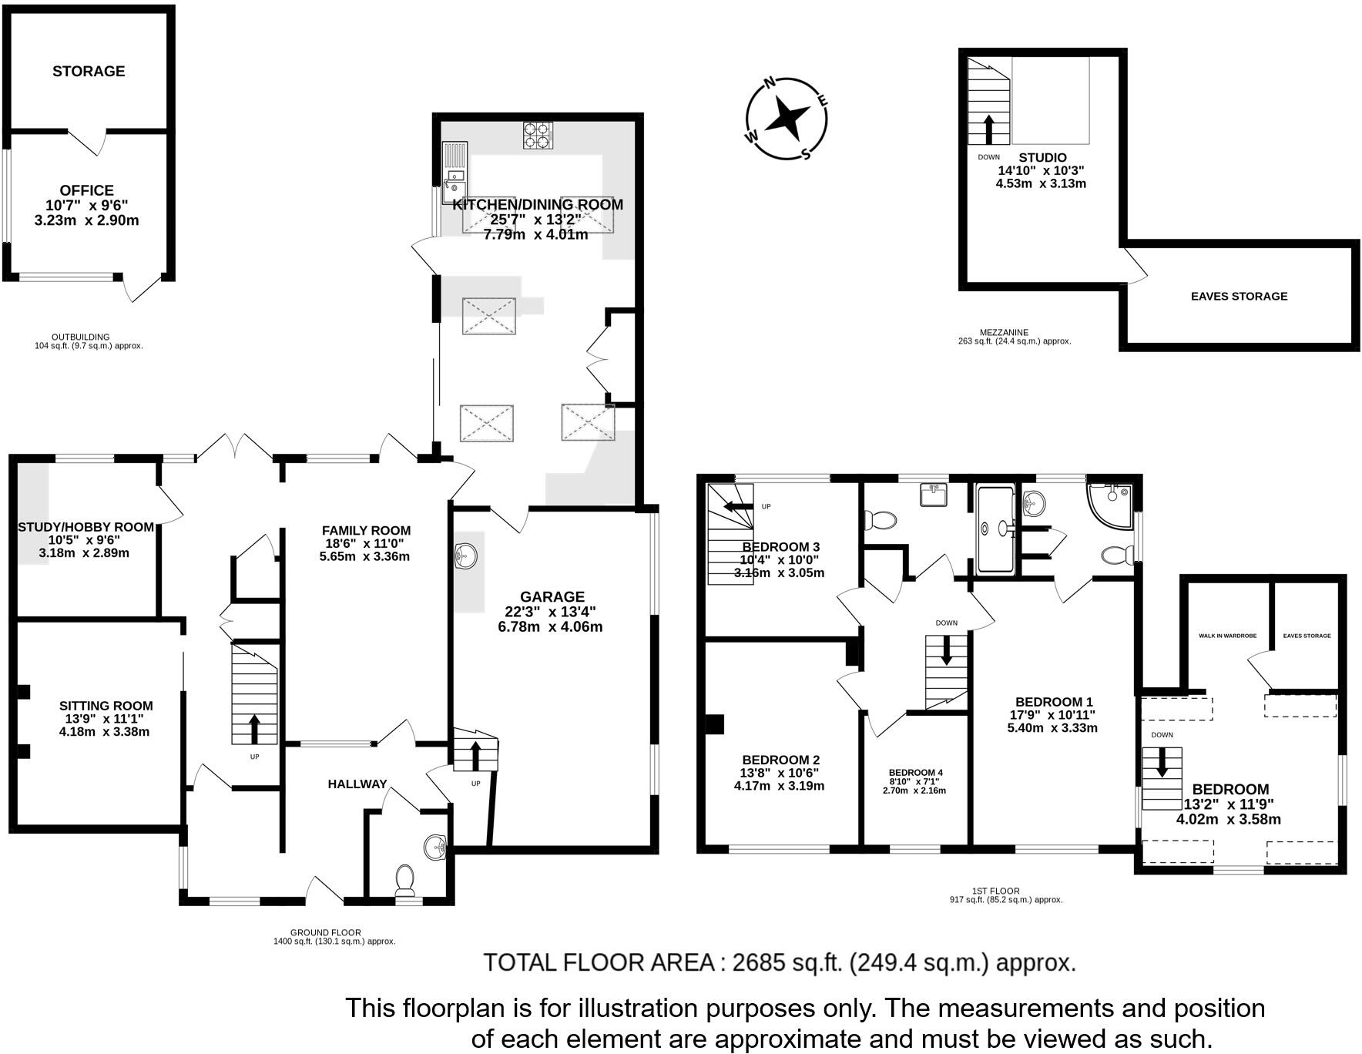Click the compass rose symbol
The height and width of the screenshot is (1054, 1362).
[x=787, y=119]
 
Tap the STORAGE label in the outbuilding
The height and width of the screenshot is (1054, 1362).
[x=89, y=71]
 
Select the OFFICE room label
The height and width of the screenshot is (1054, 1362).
[x=87, y=190]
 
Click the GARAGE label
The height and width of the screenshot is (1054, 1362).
[x=552, y=596]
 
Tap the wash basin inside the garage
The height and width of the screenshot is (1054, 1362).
[x=467, y=554]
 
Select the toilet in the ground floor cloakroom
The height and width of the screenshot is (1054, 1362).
[x=404, y=878]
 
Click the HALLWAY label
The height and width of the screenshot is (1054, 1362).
[x=357, y=784]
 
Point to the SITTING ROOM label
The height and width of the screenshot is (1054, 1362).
[x=106, y=705]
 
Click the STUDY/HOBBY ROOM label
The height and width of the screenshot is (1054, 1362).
[x=86, y=527]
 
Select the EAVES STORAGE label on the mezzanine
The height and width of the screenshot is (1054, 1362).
[x=1239, y=296]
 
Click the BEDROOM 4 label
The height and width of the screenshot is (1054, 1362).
[x=915, y=772]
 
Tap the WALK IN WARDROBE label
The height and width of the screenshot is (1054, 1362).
[x=1227, y=636]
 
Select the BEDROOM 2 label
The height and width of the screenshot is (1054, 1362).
[x=780, y=759]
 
